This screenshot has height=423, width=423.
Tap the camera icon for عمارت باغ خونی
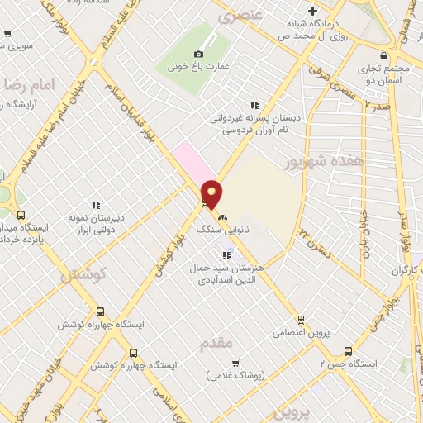[x=198, y=54]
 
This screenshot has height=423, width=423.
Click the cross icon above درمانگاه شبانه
[x=312, y=12]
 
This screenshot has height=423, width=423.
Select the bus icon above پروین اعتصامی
[x=302, y=319]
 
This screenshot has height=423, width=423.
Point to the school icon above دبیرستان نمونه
[x=97, y=204]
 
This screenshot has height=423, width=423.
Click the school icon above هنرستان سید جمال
[x=227, y=254]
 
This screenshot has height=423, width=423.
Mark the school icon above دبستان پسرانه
[x=254, y=105]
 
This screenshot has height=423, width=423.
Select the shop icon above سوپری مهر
[x=7, y=34]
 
